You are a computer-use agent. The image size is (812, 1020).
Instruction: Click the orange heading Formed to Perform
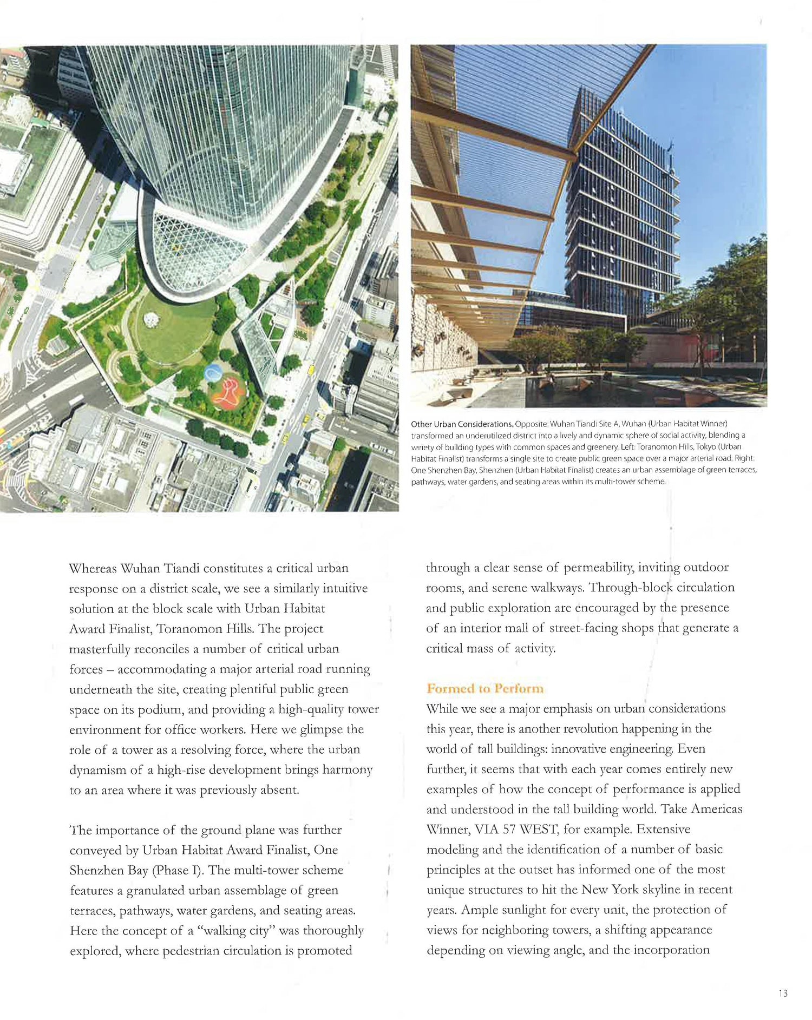tap(484, 688)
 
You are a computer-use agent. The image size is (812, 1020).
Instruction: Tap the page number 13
tap(783, 993)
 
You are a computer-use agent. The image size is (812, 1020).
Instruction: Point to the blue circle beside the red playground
tap(213, 372)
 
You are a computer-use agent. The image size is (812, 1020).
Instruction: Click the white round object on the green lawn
tap(152, 320)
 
